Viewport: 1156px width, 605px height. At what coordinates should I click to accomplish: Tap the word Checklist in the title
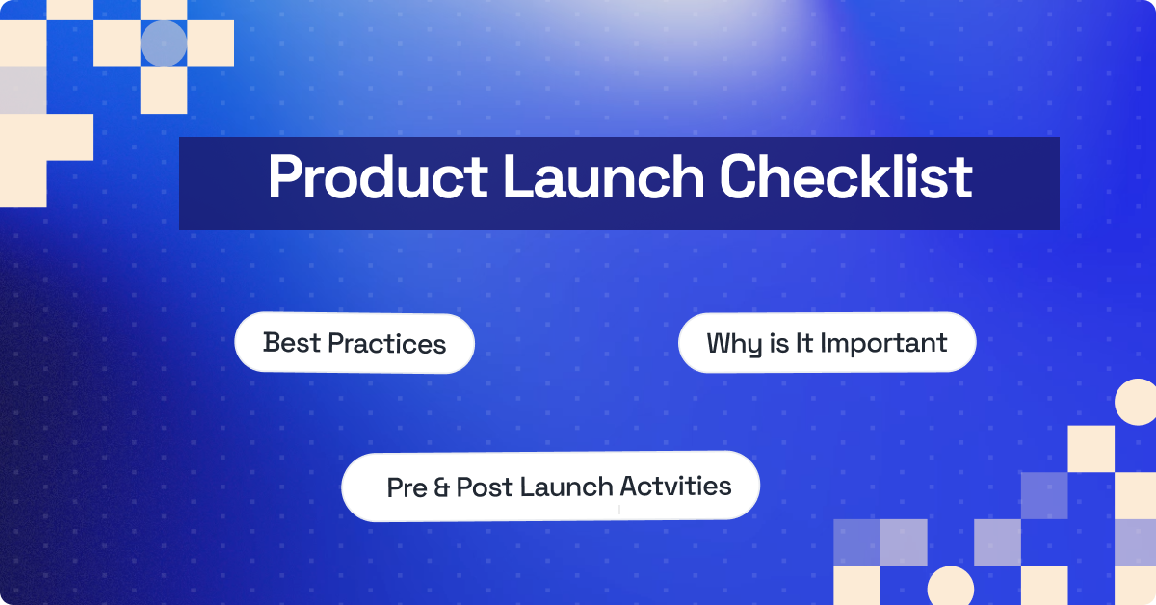847,178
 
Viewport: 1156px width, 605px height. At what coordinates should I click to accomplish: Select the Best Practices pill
355,343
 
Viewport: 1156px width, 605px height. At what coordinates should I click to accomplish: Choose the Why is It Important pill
827,343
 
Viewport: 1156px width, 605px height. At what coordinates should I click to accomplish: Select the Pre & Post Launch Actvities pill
550,487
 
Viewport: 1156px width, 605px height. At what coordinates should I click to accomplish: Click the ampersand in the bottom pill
441,487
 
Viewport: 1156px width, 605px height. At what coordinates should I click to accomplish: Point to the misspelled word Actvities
675,486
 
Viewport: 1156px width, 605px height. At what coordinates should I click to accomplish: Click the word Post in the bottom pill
485,487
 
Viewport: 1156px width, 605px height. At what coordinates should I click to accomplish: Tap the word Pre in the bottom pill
407,487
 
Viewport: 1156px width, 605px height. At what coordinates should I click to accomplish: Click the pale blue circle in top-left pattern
164,43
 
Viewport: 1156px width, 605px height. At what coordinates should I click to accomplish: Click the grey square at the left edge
21,90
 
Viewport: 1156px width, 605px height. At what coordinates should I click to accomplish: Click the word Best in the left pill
292,343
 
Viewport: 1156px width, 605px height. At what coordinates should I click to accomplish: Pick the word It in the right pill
804,343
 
